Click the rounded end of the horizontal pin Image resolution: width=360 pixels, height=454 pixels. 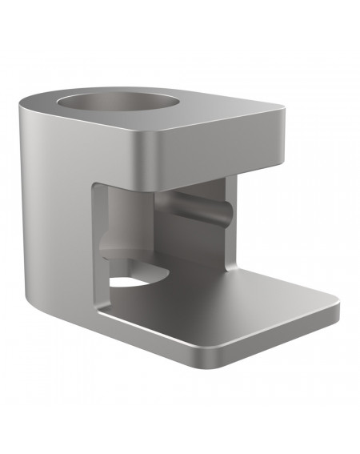point(225,212)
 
